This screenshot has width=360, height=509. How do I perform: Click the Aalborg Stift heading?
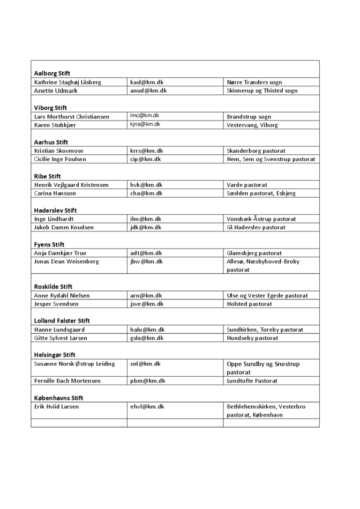[52, 73]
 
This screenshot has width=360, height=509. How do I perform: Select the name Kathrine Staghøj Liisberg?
[67, 82]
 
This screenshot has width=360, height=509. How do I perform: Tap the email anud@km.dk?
[148, 91]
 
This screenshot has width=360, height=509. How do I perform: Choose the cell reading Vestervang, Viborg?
[252, 125]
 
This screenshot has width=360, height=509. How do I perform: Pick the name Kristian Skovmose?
[59, 151]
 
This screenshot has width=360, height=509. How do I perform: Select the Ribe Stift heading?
[48, 176]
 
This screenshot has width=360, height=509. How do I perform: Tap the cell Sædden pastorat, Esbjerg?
[261, 193]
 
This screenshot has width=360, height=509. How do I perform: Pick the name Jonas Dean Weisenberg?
[66, 261]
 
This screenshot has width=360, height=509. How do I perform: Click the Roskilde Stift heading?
[54, 287]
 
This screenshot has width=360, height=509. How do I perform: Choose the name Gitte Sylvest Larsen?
[61, 338]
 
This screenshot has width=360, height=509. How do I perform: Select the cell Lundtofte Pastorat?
[252, 380]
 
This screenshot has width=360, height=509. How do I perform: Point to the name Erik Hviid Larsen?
[56, 406]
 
